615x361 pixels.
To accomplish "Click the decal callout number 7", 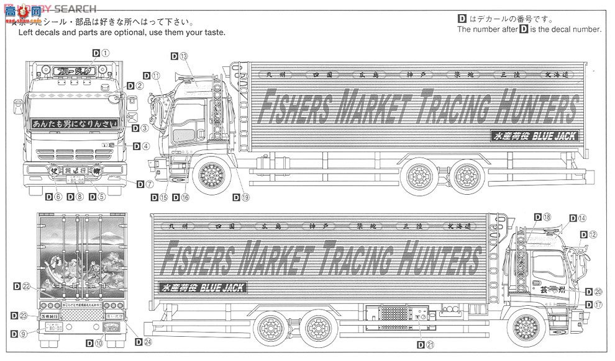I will pyautogui.click(x=149, y=184).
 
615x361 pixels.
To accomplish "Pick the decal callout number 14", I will pyautogui.click(x=581, y=218).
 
